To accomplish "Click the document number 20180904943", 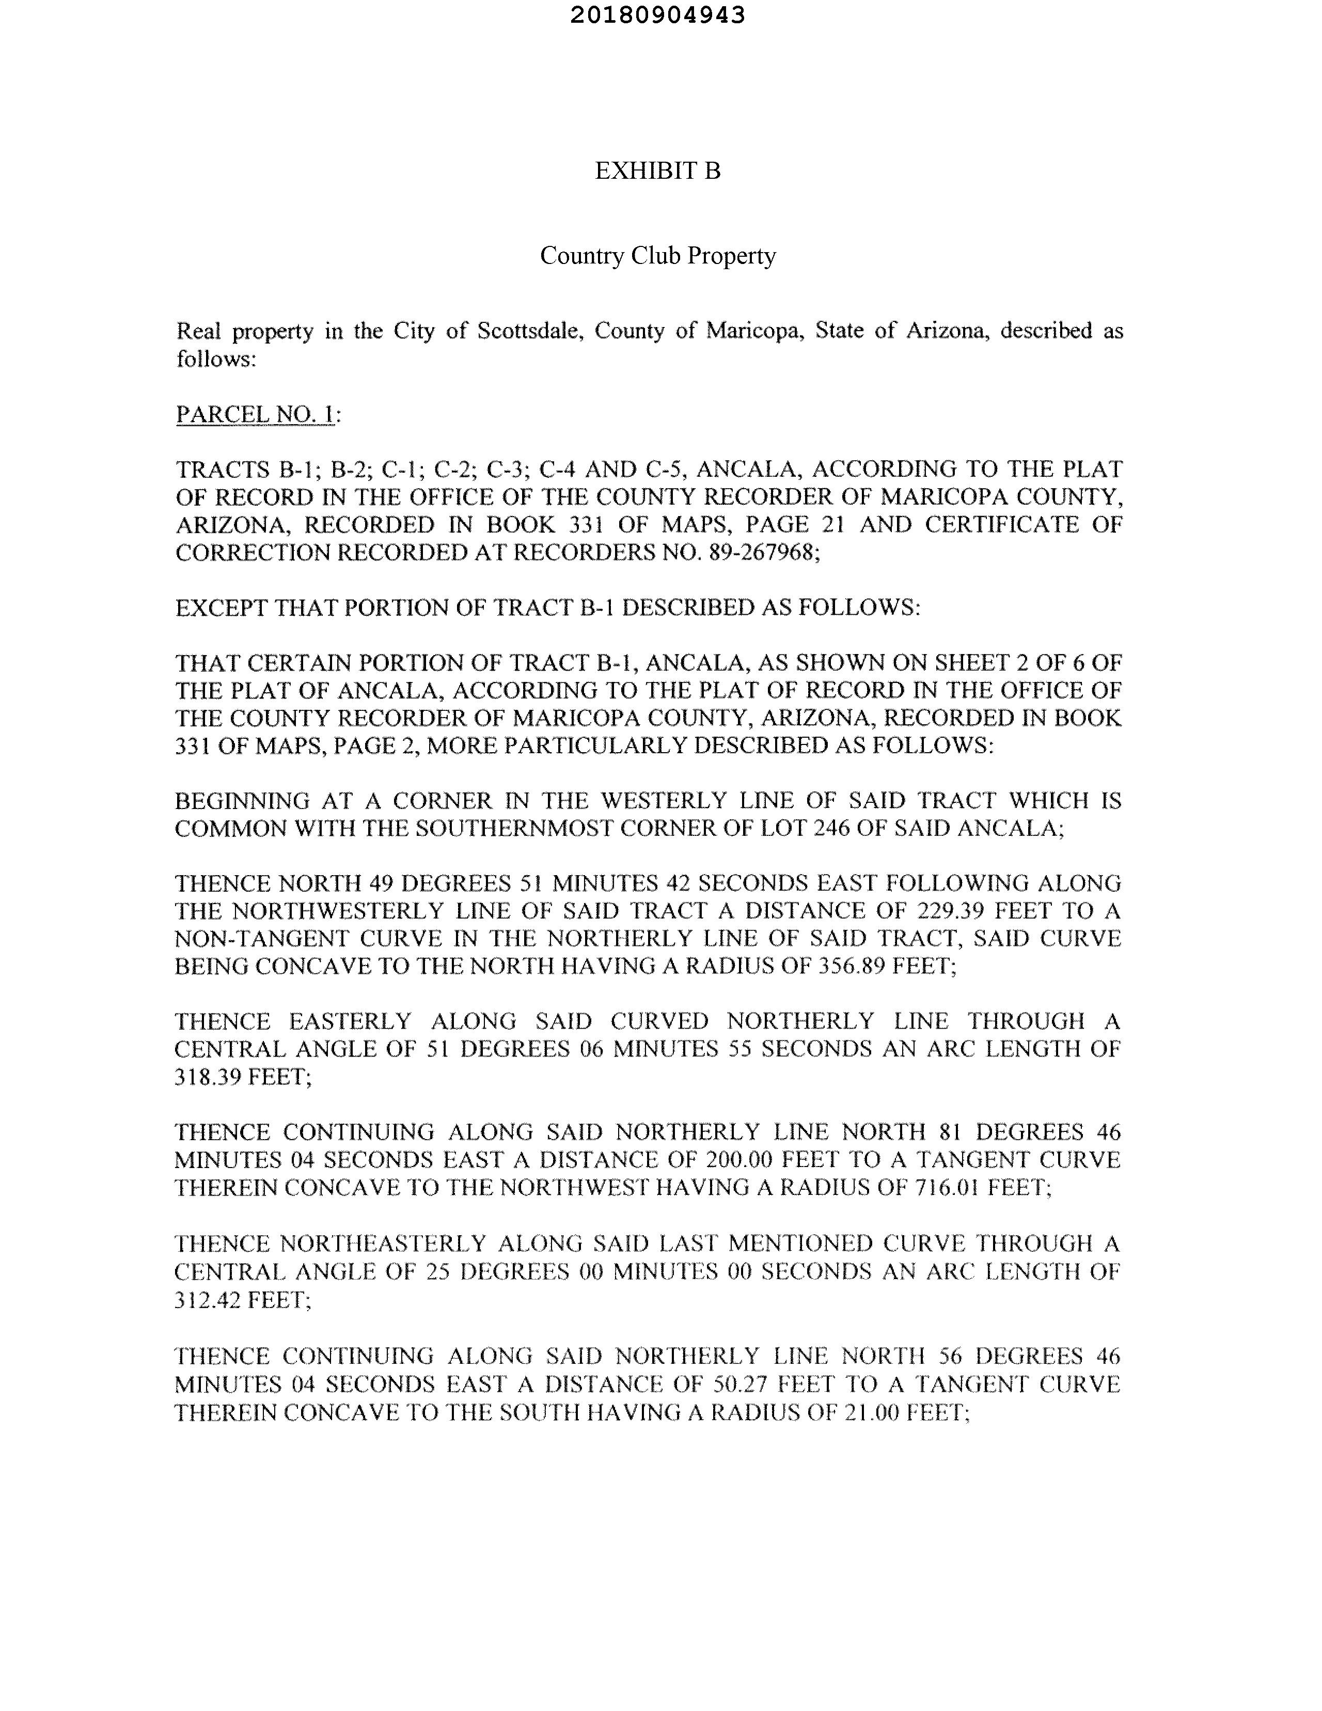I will click(x=657, y=15).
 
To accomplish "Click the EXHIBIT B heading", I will click(x=657, y=171).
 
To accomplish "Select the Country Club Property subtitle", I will click(x=657, y=256).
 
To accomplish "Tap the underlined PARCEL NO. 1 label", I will click(x=255, y=414).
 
